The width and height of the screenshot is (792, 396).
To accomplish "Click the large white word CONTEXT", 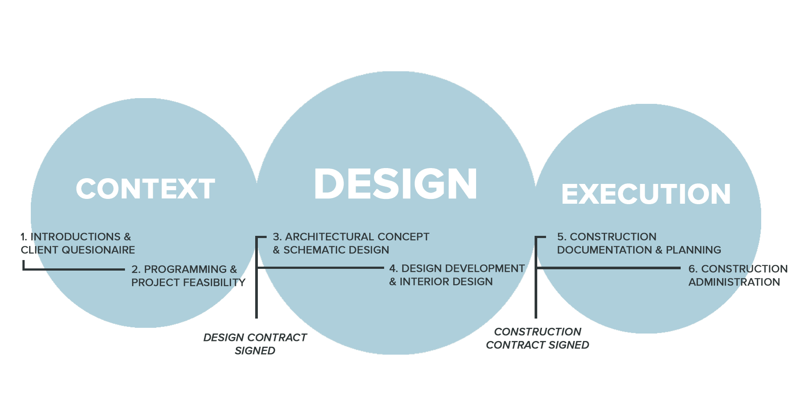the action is [x=145, y=189].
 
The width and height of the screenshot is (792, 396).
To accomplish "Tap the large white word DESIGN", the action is [x=396, y=184].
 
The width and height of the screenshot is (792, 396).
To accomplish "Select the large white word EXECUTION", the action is [x=646, y=194].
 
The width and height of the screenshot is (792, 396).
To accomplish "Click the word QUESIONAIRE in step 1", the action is [x=99, y=250].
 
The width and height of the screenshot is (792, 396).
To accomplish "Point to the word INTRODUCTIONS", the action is [x=75, y=237].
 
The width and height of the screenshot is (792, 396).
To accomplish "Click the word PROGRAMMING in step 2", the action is [x=185, y=269].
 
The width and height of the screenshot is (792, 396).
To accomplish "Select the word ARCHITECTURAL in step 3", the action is [x=325, y=237].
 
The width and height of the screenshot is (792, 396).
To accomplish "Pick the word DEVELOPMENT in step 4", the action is [x=485, y=268].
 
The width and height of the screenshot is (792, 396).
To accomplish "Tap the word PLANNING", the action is [x=693, y=250].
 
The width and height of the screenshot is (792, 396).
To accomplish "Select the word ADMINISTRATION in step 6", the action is [x=734, y=282].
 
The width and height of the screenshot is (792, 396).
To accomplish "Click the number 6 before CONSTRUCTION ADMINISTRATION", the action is [x=692, y=269].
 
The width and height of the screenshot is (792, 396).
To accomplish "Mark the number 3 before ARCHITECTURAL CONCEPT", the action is [x=276, y=237].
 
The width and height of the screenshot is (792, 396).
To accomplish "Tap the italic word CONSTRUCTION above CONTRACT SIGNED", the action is [x=538, y=332].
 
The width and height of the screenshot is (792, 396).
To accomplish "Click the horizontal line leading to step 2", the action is [x=75, y=269].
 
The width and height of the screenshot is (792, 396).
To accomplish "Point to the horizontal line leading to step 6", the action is [x=607, y=268].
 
